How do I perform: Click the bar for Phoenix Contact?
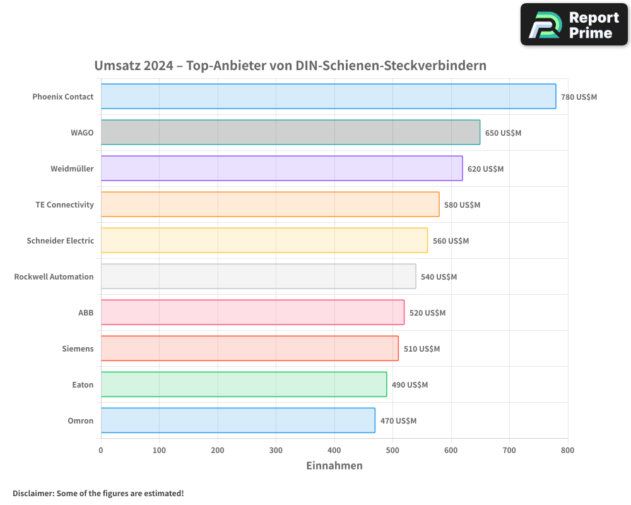[328, 97]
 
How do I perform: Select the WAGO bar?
[290, 133]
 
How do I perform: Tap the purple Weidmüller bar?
[281, 169]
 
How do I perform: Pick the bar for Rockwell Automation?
[258, 276]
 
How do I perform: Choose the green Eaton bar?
[244, 384]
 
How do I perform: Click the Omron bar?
[238, 420]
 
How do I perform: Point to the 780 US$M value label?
[579, 97]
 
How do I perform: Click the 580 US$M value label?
[462, 205]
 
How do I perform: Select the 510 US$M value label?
[422, 349]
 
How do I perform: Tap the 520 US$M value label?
[427, 313]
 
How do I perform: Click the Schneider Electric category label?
[61, 241]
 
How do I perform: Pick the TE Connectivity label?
[64, 205]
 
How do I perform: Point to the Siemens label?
[78, 348]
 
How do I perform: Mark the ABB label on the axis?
[86, 312]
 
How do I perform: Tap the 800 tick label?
[567, 451]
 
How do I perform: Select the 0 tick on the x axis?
[101, 451]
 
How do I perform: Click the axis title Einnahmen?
[334, 466]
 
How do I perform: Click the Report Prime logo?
[574, 25]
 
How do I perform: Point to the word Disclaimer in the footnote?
[33, 493]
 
